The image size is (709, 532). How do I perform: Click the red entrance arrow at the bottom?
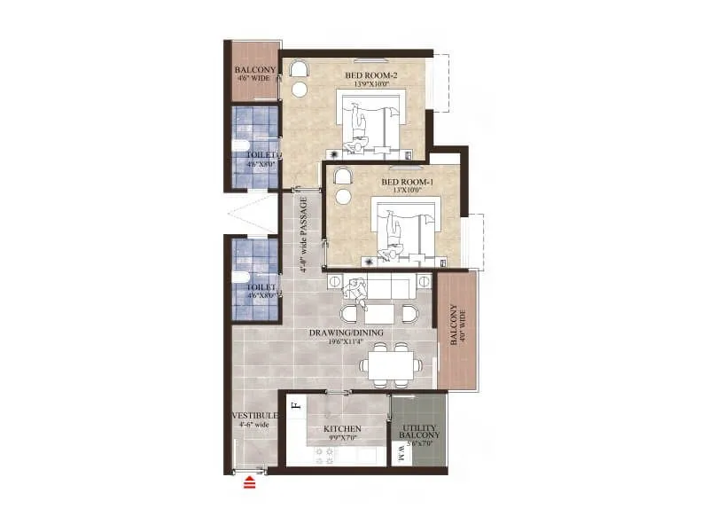point(250,483)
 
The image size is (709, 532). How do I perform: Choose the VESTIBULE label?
point(254,416)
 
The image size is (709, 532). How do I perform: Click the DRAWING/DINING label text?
point(346,332)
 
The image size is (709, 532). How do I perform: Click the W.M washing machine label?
point(401,453)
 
